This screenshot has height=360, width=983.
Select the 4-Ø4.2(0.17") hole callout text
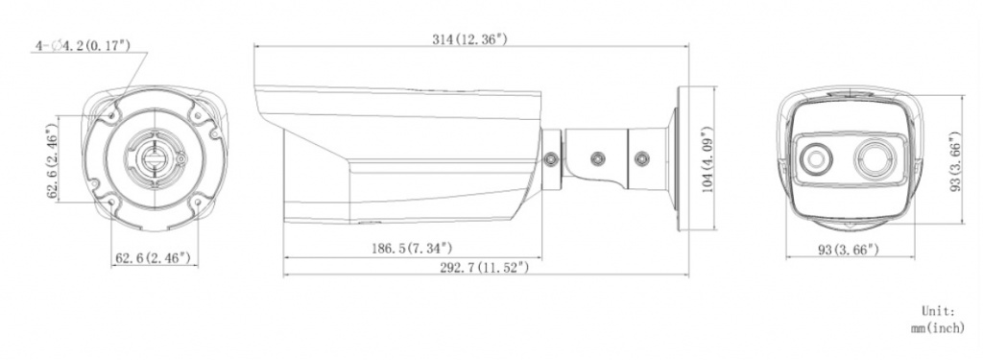click(84, 46)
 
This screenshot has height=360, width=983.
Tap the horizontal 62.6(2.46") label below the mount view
click(153, 258)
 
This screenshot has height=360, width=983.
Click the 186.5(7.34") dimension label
click(411, 249)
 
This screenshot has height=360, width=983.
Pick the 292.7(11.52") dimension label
click(484, 268)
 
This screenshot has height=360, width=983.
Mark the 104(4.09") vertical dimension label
click(707, 159)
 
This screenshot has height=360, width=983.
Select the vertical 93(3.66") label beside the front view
click(955, 161)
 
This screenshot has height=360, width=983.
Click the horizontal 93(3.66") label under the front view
click(849, 250)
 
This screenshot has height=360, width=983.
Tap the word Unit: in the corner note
click(938, 310)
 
